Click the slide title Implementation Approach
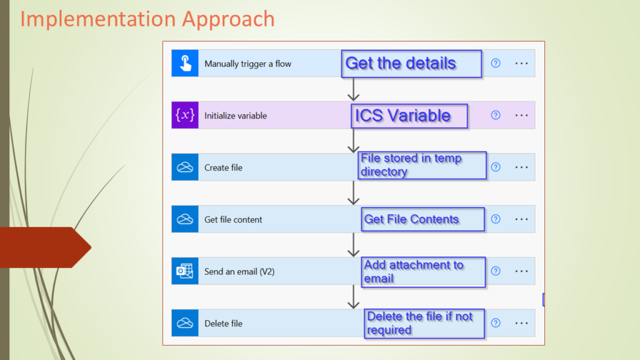pyautogui.click(x=147, y=19)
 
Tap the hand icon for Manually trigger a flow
pyautogui.click(x=185, y=63)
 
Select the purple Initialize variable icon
pyautogui.click(x=185, y=115)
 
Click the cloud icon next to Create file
pyautogui.click(x=185, y=167)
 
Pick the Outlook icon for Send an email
pyautogui.click(x=185, y=271)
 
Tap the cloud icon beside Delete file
pyautogui.click(x=185, y=323)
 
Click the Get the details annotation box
pyautogui.click(x=411, y=64)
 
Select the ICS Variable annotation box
pyautogui.click(x=409, y=116)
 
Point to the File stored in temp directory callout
pyautogui.click(x=422, y=165)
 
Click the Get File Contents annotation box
pyautogui.click(x=423, y=219)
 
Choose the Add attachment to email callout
pyautogui.click(x=423, y=272)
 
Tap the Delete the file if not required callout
pyautogui.click(x=424, y=323)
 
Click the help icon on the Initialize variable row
pyautogui.click(x=496, y=115)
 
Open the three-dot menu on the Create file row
pyautogui.click(x=521, y=167)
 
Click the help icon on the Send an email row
pyautogui.click(x=496, y=271)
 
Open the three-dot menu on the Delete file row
pyautogui.click(x=521, y=323)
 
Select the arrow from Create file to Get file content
pyautogui.click(x=354, y=192)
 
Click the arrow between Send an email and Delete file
pyautogui.click(x=354, y=297)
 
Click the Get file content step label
pyautogui.click(x=233, y=219)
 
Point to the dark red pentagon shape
pyautogui.click(x=45, y=247)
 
